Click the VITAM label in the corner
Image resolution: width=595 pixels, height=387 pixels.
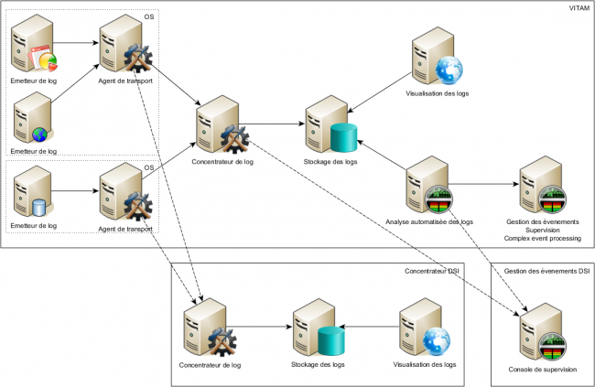(579, 8)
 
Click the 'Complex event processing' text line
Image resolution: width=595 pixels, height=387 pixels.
(542, 238)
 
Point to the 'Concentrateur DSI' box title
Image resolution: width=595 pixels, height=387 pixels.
(432, 271)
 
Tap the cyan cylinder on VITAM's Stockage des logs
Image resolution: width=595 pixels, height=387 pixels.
(344, 138)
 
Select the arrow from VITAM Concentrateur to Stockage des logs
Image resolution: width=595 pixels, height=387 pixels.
(274, 124)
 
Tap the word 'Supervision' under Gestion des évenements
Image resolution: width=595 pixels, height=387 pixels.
(542, 230)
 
